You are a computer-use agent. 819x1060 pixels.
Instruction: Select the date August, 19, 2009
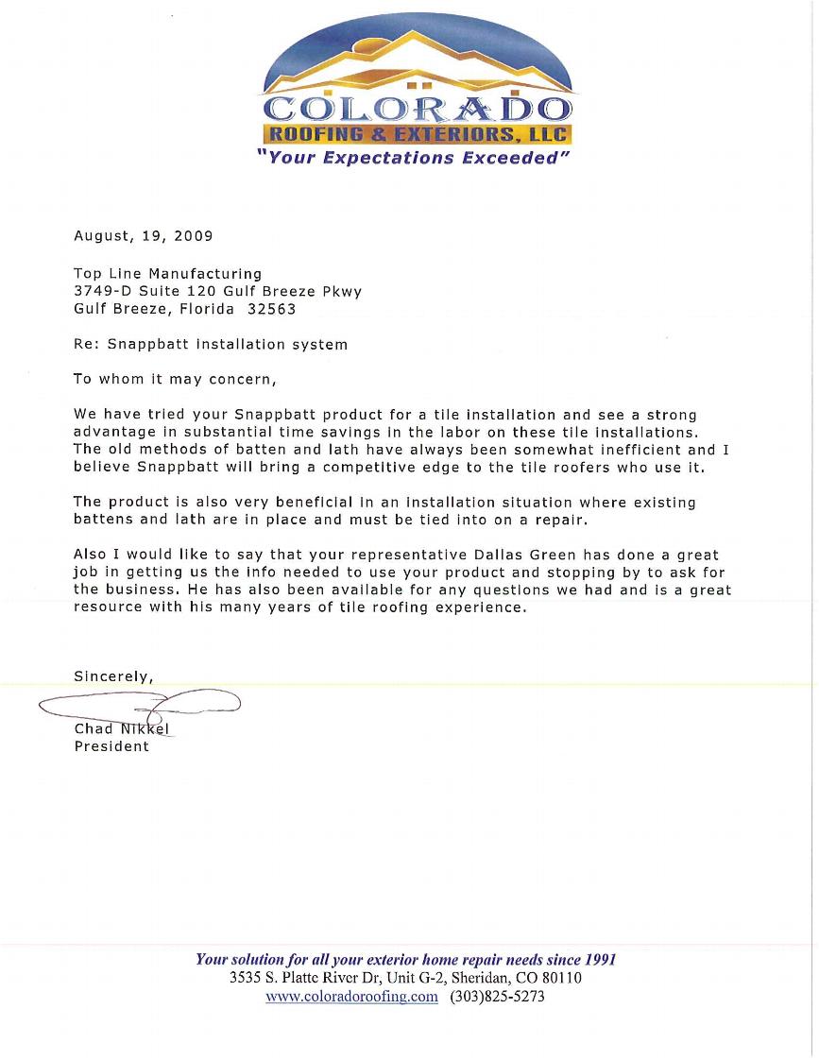point(144,235)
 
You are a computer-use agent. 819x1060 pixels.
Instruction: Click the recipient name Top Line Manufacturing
point(167,274)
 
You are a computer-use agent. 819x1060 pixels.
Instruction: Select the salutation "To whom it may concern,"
point(175,380)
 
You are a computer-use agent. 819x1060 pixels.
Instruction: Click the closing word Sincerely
point(111,676)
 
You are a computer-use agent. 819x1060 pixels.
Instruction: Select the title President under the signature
point(111,746)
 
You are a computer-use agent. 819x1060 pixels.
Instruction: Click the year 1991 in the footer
point(599,960)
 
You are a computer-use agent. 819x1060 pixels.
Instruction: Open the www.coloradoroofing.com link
point(351,997)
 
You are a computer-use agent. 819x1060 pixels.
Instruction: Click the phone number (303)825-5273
point(497,997)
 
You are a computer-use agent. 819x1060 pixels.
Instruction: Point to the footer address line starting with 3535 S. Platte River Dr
point(405,978)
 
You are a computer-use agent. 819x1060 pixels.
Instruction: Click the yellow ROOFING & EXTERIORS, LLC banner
point(416,133)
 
